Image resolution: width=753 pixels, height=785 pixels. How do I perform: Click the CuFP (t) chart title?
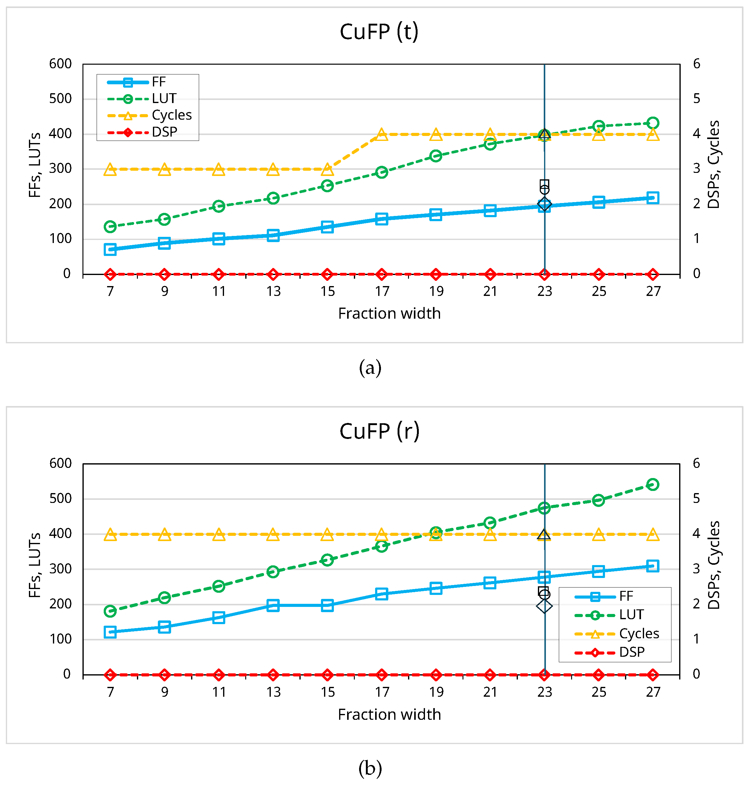pyautogui.click(x=379, y=32)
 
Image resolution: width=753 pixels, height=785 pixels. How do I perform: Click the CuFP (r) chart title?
pyautogui.click(x=379, y=431)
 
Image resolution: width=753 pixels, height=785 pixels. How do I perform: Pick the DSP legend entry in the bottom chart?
pyautogui.click(x=631, y=652)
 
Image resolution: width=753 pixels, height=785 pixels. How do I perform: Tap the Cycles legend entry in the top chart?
pyautogui.click(x=171, y=115)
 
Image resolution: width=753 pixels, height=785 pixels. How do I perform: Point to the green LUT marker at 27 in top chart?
pyautogui.click(x=652, y=123)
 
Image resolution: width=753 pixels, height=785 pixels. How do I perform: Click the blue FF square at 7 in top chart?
pyautogui.click(x=110, y=249)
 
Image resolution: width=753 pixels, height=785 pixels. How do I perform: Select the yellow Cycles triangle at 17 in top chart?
pyautogui.click(x=382, y=134)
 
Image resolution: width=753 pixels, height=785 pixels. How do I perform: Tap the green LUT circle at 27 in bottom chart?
pyautogui.click(x=652, y=484)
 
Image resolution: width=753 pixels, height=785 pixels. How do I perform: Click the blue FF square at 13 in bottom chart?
pyautogui.click(x=273, y=605)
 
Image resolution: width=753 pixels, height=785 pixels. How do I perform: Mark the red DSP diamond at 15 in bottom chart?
pyautogui.click(x=327, y=675)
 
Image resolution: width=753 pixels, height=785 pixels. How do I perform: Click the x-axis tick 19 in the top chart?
pyautogui.click(x=436, y=292)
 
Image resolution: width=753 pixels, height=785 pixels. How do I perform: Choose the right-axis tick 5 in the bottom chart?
pyautogui.click(x=696, y=499)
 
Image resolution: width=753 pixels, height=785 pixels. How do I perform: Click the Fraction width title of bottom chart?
pyautogui.click(x=389, y=715)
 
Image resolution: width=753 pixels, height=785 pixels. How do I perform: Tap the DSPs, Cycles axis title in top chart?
pyautogui.click(x=713, y=164)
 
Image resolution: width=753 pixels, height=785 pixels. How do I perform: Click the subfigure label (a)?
pyautogui.click(x=370, y=368)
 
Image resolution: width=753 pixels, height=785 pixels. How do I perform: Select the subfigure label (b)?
pyautogui.click(x=370, y=768)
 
